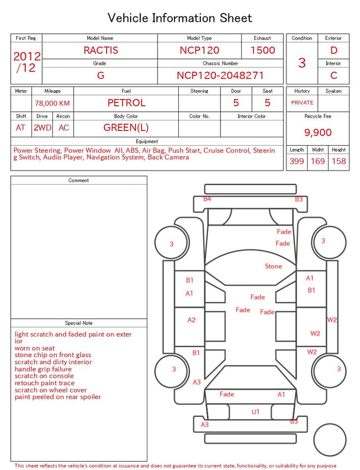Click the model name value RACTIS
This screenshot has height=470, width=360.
tap(101, 50)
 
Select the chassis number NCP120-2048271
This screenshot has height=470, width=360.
tap(220, 75)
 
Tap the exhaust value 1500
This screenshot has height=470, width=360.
tap(263, 50)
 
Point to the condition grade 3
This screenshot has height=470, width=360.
tap(302, 62)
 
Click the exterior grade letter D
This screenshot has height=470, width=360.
tap(334, 50)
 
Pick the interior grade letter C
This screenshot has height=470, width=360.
tap(334, 75)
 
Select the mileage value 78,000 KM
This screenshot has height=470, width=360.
tap(52, 104)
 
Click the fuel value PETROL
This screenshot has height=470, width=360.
tap(127, 103)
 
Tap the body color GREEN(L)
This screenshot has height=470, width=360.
tap(126, 128)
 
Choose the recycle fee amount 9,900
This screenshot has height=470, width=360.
tap(318, 132)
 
